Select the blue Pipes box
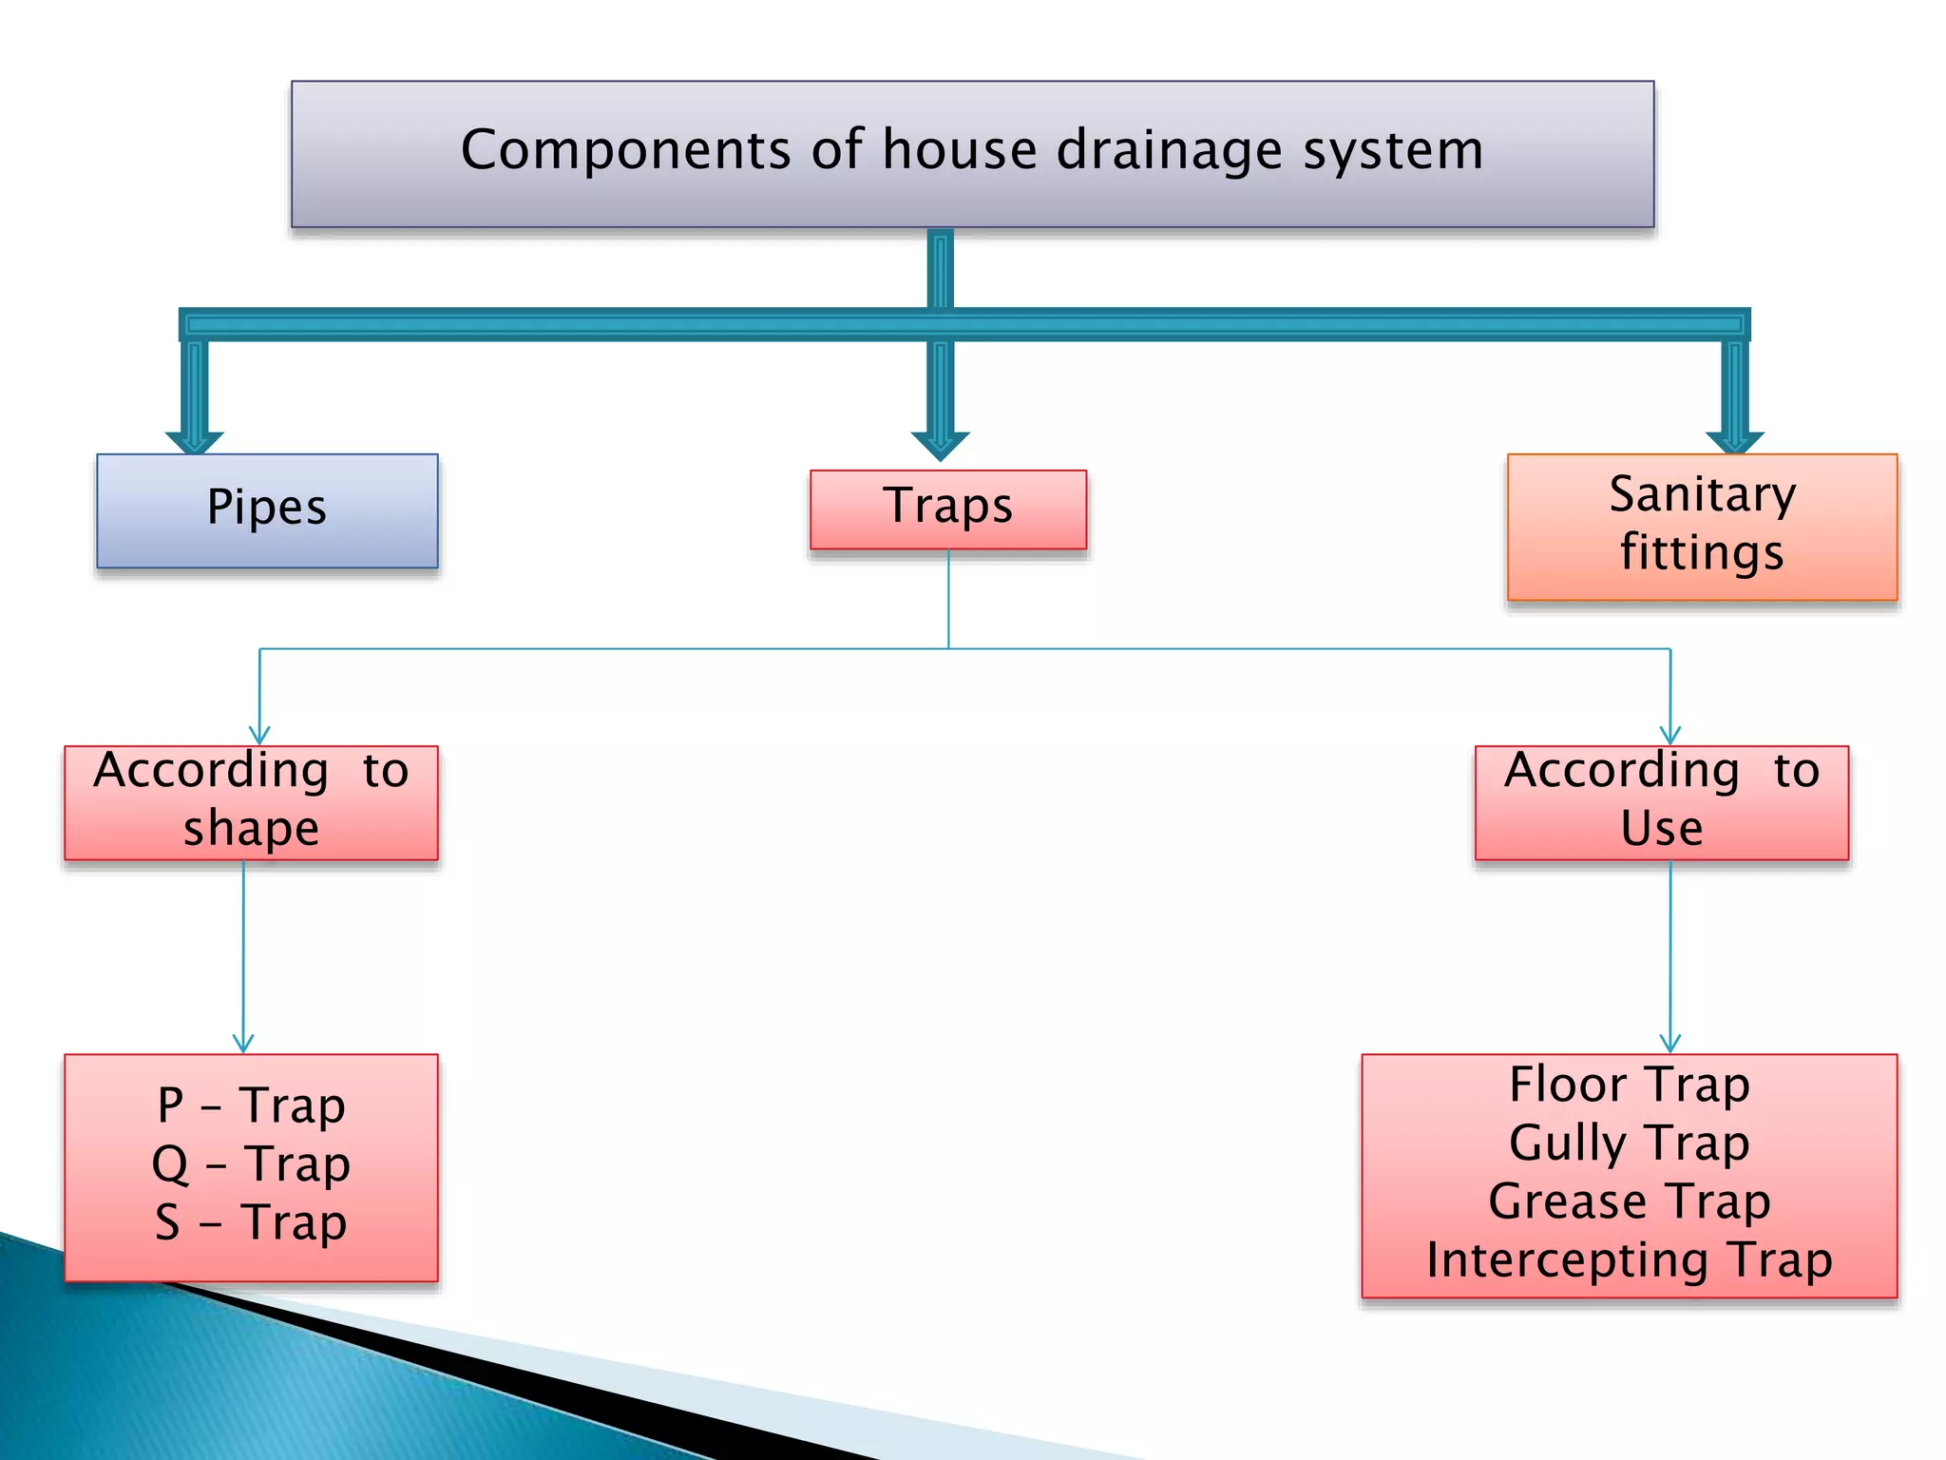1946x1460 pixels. point(267,510)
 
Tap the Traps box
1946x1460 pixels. point(947,508)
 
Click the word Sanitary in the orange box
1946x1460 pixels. point(1702,495)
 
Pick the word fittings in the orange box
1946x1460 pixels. point(1702,553)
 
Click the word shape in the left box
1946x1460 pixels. point(251,829)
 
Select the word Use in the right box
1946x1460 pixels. point(1662,828)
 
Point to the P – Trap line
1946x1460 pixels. point(251,1105)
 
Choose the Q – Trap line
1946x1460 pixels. point(251,1164)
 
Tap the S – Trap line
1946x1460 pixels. point(251,1222)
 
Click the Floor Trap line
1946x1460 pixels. point(1629,1085)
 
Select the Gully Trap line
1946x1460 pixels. point(1629,1143)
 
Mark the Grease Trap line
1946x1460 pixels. point(1629,1201)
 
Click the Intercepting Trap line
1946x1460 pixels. point(1629,1260)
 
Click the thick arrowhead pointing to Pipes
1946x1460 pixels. point(194,442)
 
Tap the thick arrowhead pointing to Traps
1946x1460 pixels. point(940,445)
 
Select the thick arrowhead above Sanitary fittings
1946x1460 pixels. point(1734,442)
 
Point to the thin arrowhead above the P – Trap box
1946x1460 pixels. point(243,1044)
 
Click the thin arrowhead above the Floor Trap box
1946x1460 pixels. point(1669,1044)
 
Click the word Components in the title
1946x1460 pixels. point(626,150)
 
